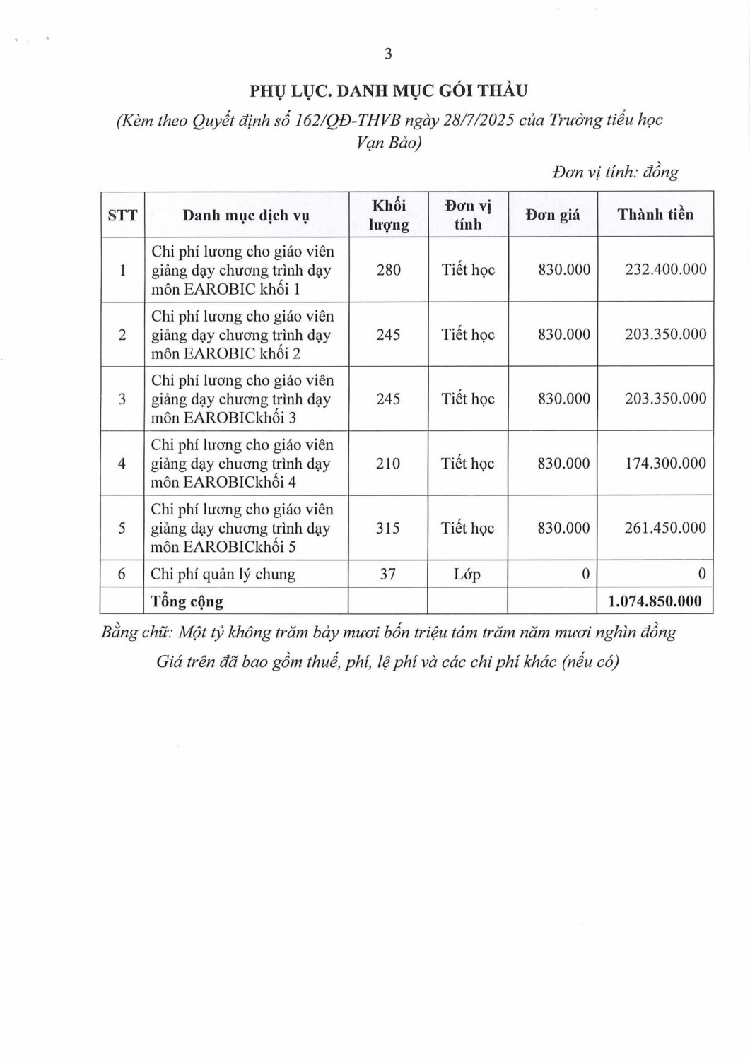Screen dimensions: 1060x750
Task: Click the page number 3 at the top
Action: pyautogui.click(x=387, y=54)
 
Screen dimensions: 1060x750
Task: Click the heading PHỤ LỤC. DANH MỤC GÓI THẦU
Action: pyautogui.click(x=388, y=90)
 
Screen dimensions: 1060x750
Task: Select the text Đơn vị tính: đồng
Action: pyautogui.click(x=615, y=172)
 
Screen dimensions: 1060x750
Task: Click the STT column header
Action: pyautogui.click(x=122, y=216)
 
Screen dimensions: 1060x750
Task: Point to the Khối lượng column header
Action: pyautogui.click(x=388, y=215)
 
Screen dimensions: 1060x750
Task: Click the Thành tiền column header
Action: pyautogui.click(x=655, y=215)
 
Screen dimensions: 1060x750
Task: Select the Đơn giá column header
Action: pyautogui.click(x=552, y=215)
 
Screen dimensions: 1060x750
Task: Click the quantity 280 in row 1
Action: pyautogui.click(x=388, y=270)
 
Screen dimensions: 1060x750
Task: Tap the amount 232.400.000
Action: pyautogui.click(x=665, y=269)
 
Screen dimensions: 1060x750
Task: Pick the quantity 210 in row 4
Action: pyautogui.click(x=387, y=464)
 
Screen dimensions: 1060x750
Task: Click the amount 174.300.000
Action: pyautogui.click(x=664, y=464)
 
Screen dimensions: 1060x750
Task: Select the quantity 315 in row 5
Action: pyautogui.click(x=387, y=528)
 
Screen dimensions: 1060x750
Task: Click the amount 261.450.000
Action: pyautogui.click(x=664, y=528)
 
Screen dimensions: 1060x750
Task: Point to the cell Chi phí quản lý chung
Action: pyautogui.click(x=223, y=574)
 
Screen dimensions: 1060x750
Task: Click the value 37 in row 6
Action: pyautogui.click(x=387, y=574)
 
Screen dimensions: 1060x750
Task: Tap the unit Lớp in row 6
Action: pyautogui.click(x=467, y=574)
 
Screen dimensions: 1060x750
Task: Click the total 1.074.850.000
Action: pyautogui.click(x=655, y=601)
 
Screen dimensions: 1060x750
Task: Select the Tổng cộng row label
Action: pyautogui.click(x=187, y=601)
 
